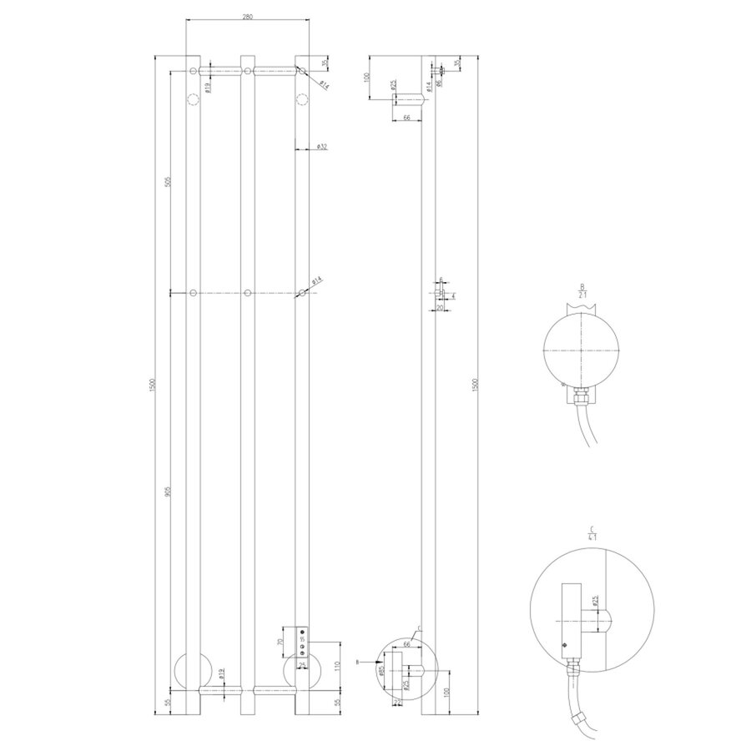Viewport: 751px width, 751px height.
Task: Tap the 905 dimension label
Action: [167, 493]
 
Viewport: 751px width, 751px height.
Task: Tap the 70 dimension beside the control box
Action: [280, 646]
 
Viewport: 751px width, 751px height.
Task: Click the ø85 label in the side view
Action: [382, 669]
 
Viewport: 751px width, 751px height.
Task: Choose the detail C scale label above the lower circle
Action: [591, 533]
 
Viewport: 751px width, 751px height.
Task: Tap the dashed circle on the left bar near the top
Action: [193, 101]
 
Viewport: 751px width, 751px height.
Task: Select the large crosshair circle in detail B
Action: [581, 349]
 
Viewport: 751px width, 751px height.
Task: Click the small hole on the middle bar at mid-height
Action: [248, 293]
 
